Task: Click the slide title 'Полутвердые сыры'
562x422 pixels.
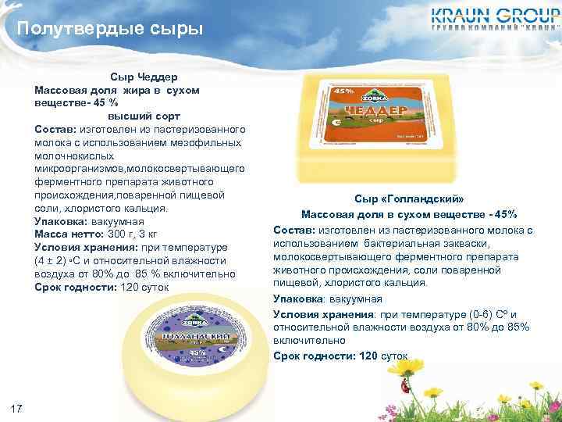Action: [x=110, y=30]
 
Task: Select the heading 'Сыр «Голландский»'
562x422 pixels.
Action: [x=402, y=200]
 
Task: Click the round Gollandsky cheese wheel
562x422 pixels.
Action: [x=191, y=345]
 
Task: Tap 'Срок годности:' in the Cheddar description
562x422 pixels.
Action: [x=75, y=287]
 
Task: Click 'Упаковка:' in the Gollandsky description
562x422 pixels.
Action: [x=300, y=299]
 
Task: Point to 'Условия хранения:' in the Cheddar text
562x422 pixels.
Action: [x=85, y=247]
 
